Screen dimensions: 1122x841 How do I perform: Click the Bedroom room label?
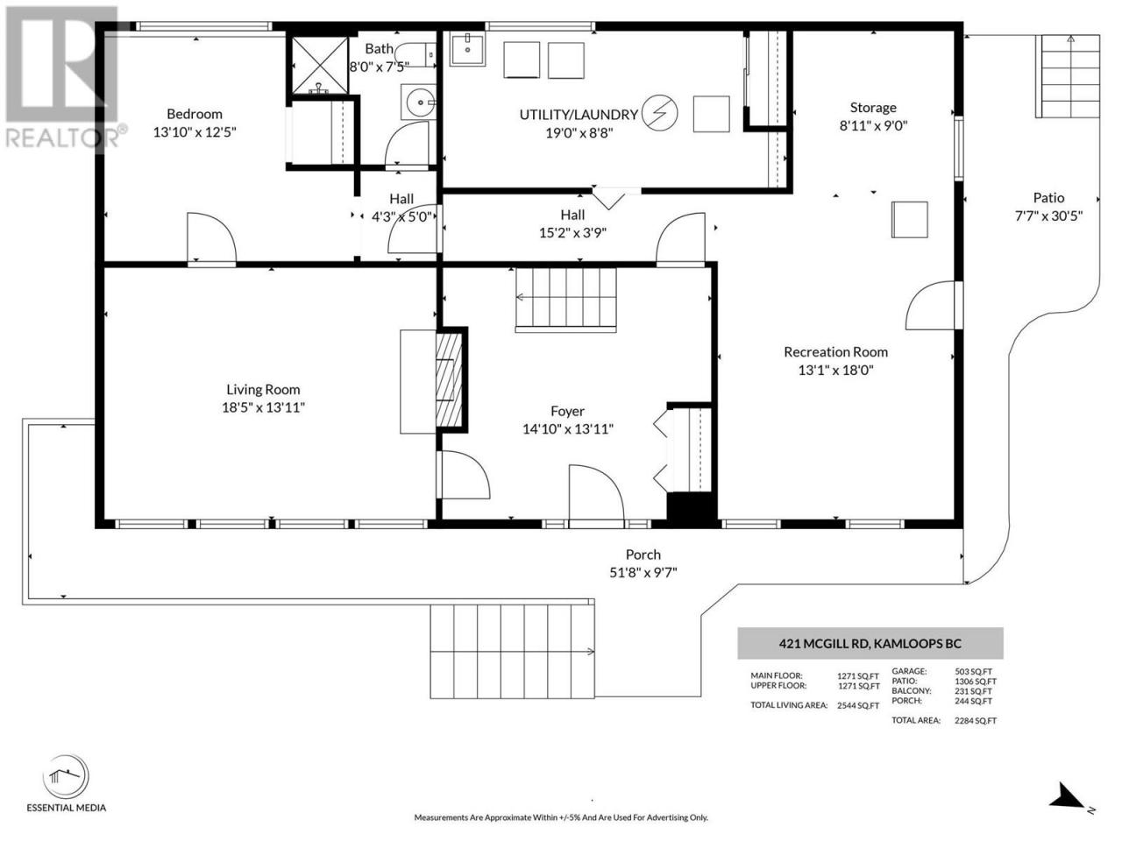[195, 114]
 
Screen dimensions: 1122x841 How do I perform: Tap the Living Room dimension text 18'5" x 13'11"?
[263, 407]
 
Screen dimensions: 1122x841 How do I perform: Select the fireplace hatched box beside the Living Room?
[450, 380]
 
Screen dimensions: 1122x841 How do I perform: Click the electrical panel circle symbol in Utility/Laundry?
[660, 112]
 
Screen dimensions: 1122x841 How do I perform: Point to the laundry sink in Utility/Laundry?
[468, 48]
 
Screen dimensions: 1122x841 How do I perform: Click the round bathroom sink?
[420, 102]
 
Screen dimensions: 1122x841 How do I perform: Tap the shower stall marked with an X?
[320, 66]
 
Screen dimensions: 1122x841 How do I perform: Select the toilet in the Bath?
[415, 54]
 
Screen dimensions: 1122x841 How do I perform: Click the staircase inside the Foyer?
[566, 300]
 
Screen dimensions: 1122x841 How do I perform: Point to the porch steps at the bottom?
[512, 652]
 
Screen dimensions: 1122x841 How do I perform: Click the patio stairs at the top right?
[1068, 76]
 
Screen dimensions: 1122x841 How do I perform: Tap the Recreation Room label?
[835, 352]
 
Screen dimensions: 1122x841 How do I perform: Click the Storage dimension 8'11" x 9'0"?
[873, 125]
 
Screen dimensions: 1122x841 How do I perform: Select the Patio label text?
[1048, 198]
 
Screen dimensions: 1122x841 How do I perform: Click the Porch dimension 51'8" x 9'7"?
[643, 572]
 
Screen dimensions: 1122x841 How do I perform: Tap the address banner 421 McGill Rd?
[870, 643]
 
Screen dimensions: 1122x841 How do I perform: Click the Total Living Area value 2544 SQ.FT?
[858, 706]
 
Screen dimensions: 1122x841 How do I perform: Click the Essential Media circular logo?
[66, 778]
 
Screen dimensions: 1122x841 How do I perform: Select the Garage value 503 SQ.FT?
[973, 671]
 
